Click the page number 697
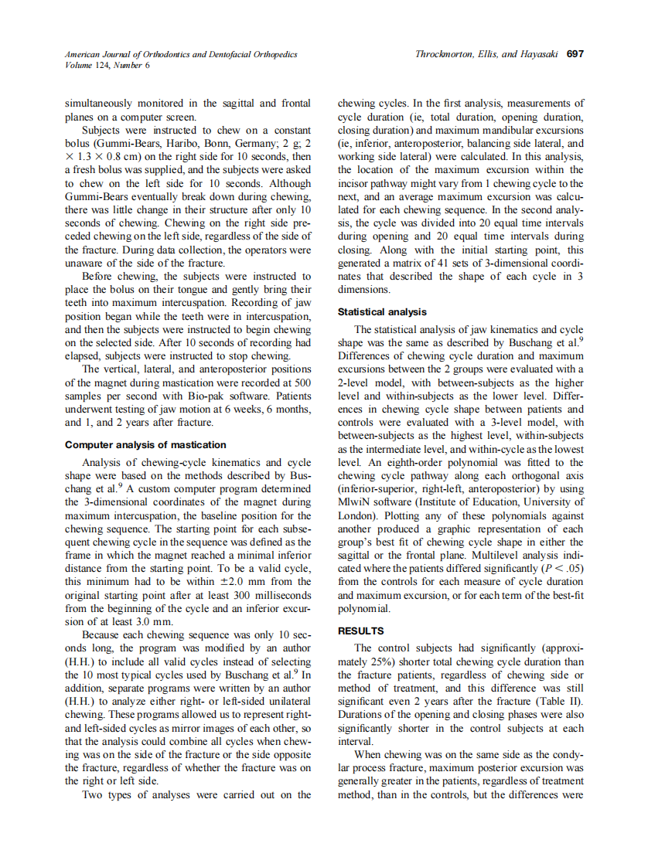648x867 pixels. (575, 54)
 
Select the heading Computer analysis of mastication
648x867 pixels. (145, 444)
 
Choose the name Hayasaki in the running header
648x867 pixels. (539, 54)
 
